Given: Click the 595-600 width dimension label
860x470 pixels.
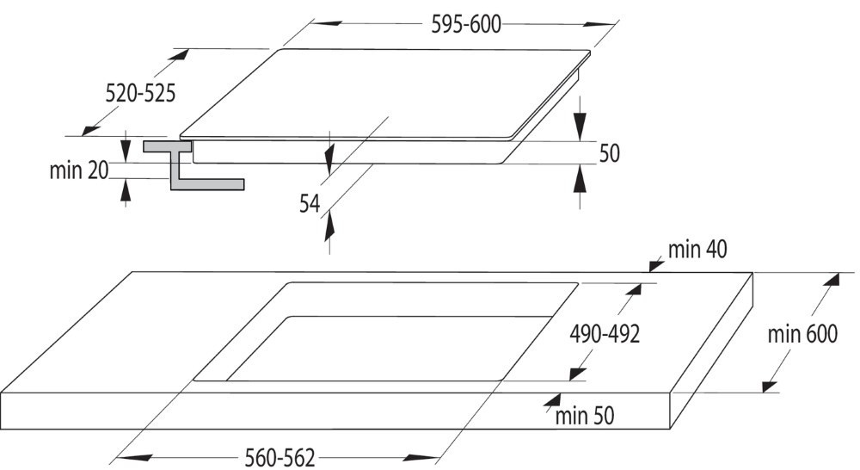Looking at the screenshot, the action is [466, 25].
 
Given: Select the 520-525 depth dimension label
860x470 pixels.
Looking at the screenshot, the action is [140, 93].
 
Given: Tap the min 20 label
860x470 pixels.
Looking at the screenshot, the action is [79, 170].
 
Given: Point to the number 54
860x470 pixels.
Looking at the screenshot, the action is [310, 204].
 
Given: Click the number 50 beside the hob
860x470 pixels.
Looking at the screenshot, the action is [610, 153].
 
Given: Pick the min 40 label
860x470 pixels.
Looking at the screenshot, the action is [697, 250].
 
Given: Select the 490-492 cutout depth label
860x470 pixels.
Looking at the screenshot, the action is [605, 333].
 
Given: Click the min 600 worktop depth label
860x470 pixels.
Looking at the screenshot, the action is [802, 333].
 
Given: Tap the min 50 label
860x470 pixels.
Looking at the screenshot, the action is [585, 416].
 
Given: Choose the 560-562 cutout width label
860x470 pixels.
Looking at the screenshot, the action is [280, 457].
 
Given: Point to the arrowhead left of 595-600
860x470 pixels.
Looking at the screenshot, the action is [328, 23].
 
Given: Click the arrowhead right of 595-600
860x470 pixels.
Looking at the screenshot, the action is [599, 24].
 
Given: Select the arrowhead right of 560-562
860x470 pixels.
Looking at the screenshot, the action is [422, 457].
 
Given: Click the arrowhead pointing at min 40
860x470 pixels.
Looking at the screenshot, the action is [656, 266].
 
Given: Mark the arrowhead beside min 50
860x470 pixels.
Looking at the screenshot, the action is [552, 399].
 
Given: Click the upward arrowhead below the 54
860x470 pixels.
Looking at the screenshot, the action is [329, 226].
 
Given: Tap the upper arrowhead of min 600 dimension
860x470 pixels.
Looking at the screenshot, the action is [832, 279].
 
